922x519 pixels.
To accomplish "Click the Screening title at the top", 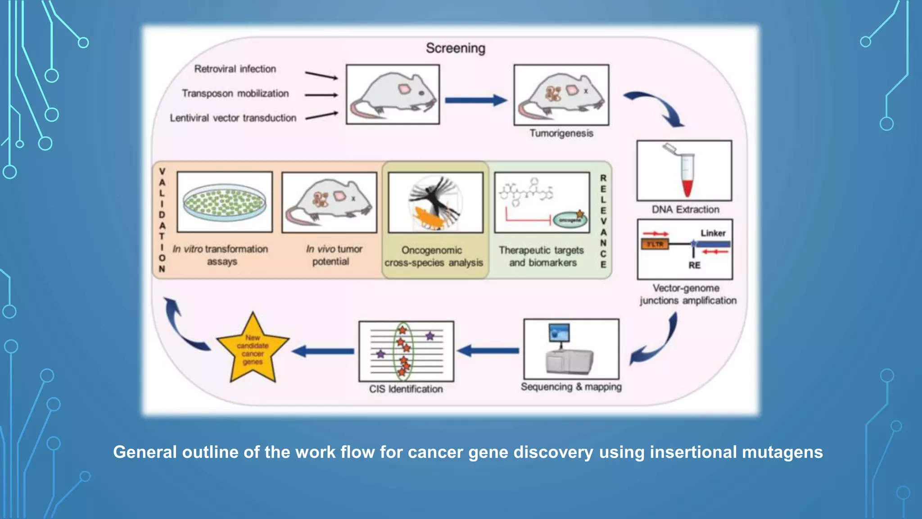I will tap(456, 48).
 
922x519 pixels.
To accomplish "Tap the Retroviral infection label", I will tap(235, 69).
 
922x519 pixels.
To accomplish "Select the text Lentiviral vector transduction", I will tap(233, 118).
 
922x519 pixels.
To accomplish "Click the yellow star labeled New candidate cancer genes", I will tap(253, 350).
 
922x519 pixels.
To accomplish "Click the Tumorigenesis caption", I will tap(561, 133).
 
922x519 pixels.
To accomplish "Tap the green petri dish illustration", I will tap(224, 202).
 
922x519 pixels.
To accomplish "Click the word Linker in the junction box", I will tap(713, 233).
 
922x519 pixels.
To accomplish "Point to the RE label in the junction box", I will tap(694, 265).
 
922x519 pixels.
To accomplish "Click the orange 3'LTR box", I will tap(655, 244).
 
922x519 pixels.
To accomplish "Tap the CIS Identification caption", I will tap(406, 389).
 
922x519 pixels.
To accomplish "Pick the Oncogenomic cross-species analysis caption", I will tap(434, 256).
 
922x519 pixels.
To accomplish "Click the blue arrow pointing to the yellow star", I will tap(323, 351).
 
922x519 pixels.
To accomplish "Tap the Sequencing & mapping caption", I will tap(571, 387).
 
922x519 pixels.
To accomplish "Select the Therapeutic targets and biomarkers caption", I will tap(542, 256).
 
